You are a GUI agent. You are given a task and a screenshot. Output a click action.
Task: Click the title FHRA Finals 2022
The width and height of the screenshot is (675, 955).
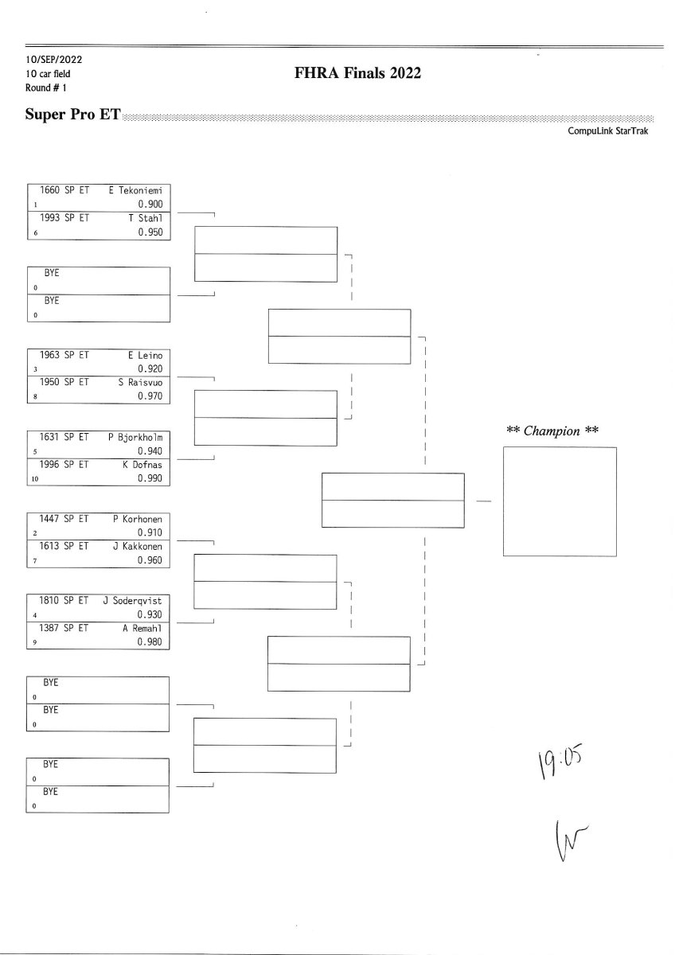[x=357, y=74]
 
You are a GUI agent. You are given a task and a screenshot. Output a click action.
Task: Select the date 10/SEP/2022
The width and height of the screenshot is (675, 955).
[x=53, y=60]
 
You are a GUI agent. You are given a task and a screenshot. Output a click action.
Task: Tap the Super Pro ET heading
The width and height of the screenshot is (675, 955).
[x=72, y=115]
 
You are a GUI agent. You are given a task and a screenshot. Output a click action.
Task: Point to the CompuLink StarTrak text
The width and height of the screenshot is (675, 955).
[x=608, y=131]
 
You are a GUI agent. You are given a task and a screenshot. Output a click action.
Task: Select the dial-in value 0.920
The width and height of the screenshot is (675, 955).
[x=150, y=368]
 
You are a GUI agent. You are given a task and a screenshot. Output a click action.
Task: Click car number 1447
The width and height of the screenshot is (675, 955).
[x=50, y=519]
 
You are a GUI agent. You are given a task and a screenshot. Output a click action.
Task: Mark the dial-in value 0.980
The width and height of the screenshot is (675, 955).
[x=150, y=642]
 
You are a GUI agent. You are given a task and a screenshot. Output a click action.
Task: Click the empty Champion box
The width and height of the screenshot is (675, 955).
[x=560, y=501]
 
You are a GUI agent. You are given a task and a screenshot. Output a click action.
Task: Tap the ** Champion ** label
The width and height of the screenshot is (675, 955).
[x=552, y=431]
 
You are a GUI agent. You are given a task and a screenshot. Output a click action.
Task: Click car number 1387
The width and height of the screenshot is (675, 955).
[x=50, y=628]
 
